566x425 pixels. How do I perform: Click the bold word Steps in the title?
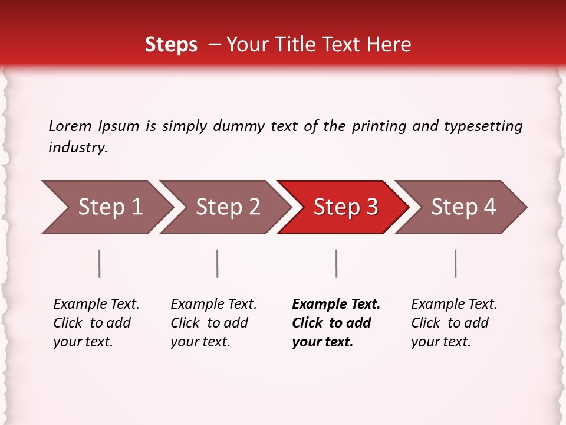click(x=171, y=45)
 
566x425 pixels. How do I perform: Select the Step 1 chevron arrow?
click(x=106, y=207)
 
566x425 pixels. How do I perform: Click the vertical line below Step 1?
click(x=100, y=263)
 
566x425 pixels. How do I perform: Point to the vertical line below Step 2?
click(x=218, y=263)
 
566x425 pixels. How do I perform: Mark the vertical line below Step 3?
click(x=336, y=263)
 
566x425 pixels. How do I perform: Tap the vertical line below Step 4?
click(x=455, y=263)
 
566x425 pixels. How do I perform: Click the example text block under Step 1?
click(x=96, y=323)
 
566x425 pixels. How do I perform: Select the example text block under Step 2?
click(x=213, y=323)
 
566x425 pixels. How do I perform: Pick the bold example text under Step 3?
click(x=336, y=323)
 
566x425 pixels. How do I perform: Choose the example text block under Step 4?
click(x=454, y=323)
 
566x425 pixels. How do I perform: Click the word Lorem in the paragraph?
click(x=70, y=126)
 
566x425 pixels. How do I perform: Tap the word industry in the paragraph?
click(x=78, y=148)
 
